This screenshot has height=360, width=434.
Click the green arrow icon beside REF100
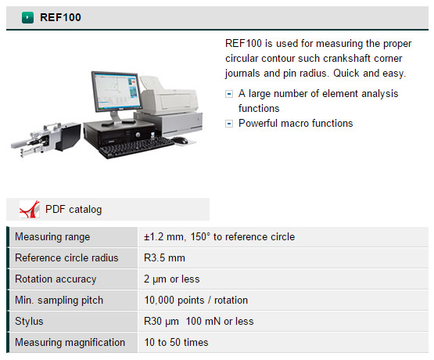tap(27, 17)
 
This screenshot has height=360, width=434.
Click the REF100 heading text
tap(60, 17)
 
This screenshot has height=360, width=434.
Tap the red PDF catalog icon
tap(30, 209)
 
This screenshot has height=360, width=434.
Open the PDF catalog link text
tap(74, 210)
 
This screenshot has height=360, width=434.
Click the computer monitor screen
tap(117, 92)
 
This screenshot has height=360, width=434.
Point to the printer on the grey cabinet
tap(168, 95)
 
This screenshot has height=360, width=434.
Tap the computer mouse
tap(180, 140)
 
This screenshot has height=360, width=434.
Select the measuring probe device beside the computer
tap(46, 139)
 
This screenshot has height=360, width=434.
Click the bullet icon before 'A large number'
tap(229, 94)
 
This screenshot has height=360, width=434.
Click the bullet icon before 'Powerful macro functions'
tap(229, 124)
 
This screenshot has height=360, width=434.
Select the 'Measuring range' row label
tap(52, 237)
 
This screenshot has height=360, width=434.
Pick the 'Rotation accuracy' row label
tap(56, 279)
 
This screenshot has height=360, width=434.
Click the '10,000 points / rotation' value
tap(196, 301)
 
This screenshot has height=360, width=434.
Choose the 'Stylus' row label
tap(29, 322)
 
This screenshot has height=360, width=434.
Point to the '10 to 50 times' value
tap(176, 343)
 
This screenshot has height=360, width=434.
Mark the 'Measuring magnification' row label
tap(70, 343)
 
